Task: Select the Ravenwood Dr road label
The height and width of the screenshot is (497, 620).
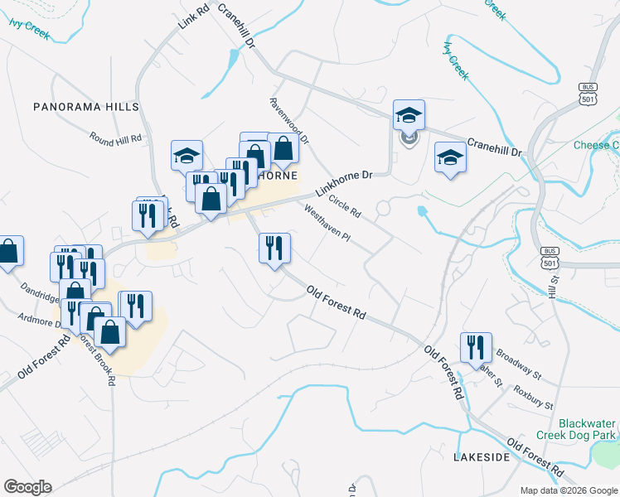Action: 289,121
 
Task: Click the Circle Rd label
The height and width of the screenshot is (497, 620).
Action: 345,205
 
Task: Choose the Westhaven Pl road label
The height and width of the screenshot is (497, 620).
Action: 328,224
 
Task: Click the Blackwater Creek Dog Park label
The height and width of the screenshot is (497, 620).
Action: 587,428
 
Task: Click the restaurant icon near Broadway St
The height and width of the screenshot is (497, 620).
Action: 476,347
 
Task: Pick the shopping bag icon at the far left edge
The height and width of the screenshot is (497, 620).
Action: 8,251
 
